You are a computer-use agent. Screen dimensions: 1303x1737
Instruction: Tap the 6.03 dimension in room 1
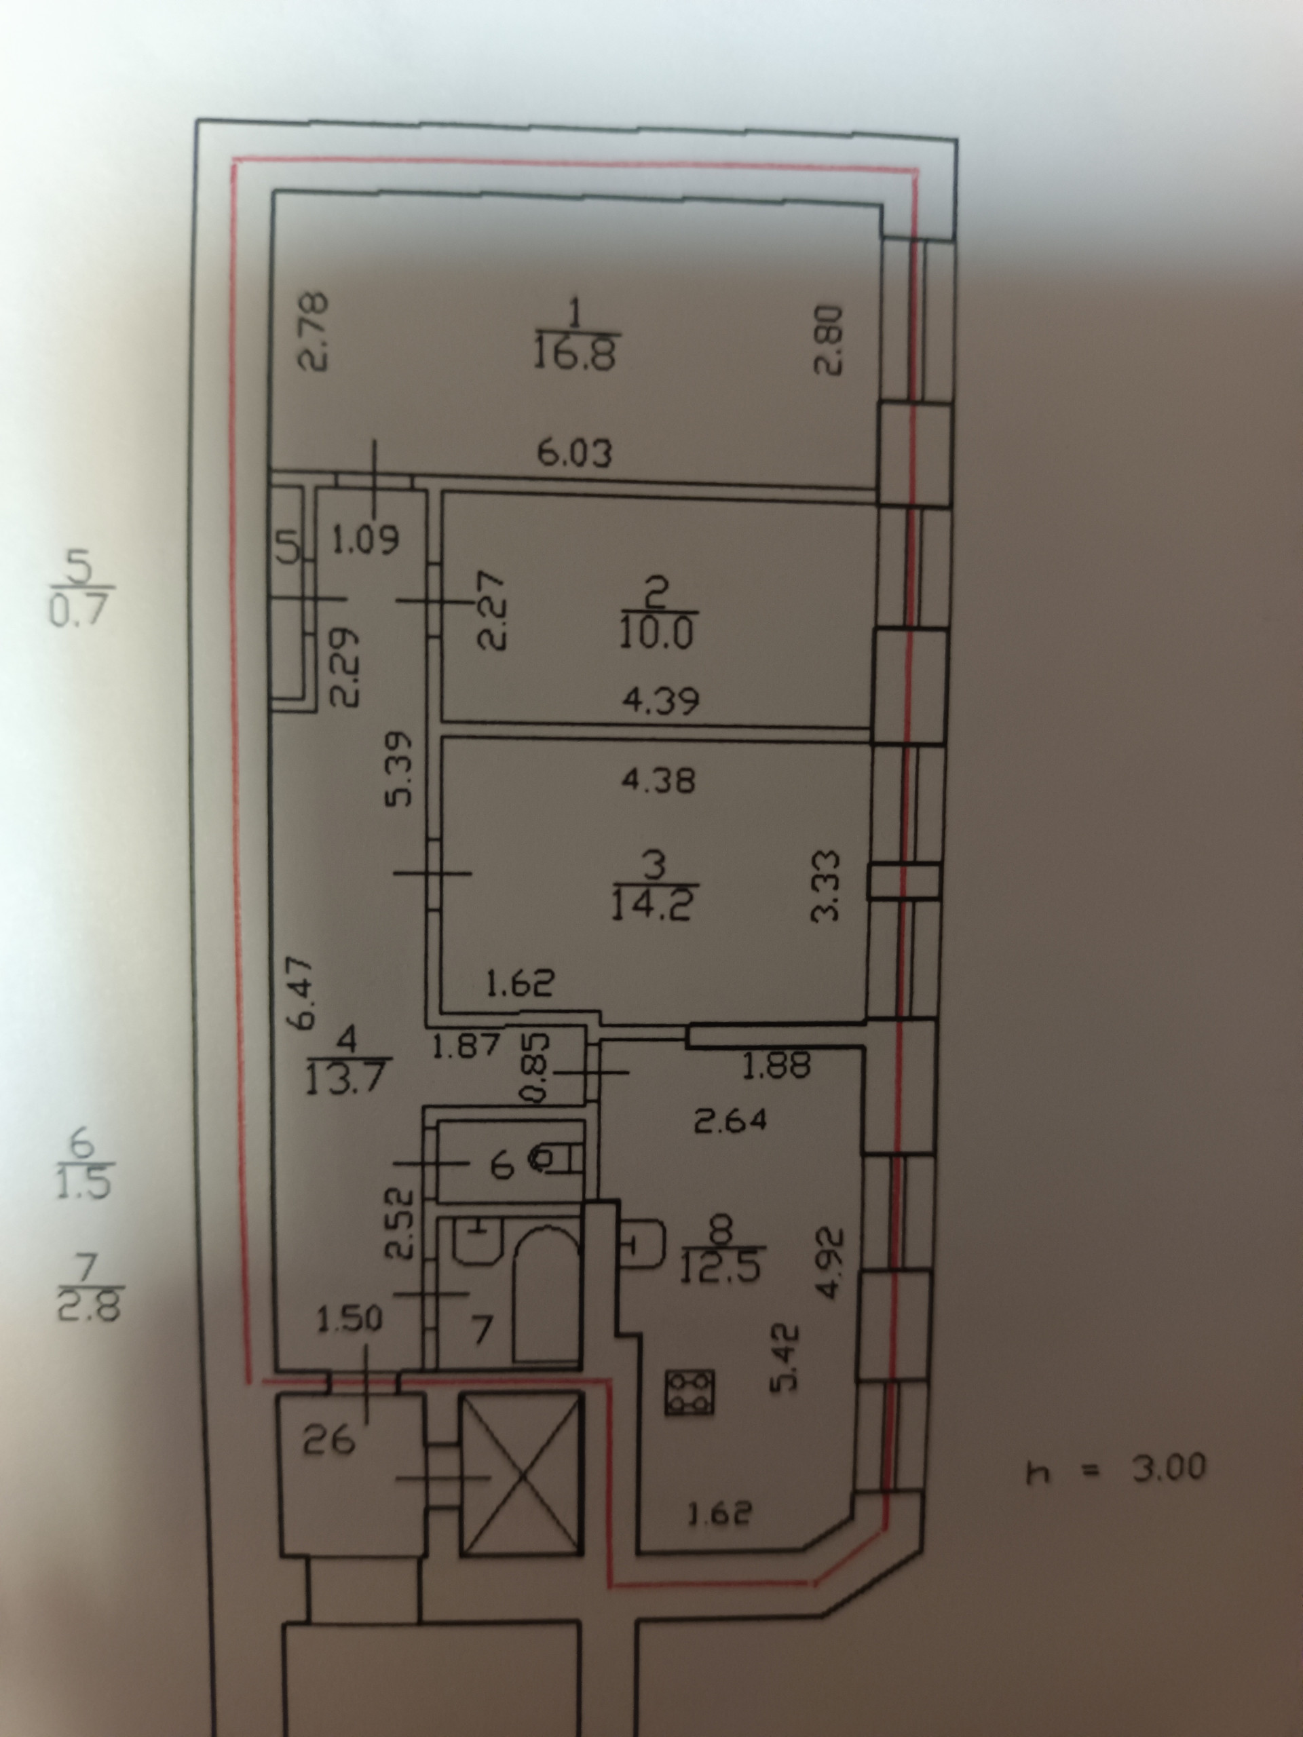point(575,453)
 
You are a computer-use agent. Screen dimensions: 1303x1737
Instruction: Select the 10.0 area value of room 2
point(655,633)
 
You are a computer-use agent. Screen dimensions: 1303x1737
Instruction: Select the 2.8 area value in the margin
point(88,1310)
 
